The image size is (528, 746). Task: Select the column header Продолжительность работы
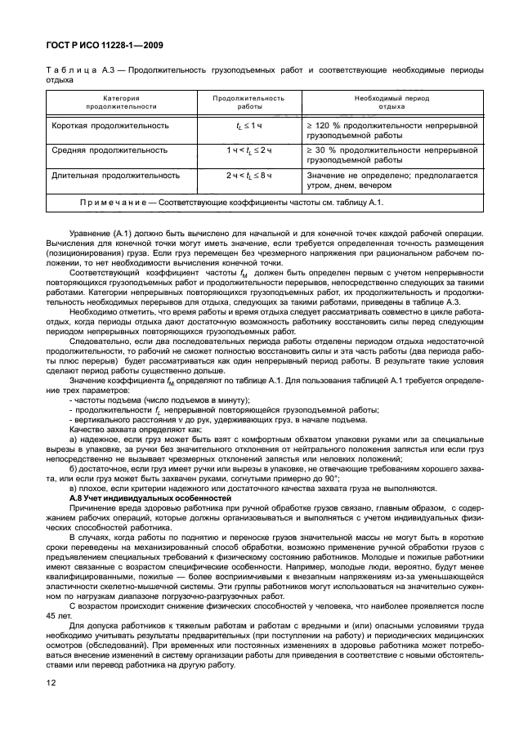(x=248, y=102)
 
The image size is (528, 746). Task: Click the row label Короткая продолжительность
(x=110, y=126)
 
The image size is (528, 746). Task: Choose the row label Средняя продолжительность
(x=110, y=150)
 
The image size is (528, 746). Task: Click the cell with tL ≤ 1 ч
(x=248, y=126)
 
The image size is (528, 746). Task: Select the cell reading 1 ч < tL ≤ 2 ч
(x=248, y=150)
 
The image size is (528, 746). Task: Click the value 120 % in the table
(x=327, y=127)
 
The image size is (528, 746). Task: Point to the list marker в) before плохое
(x=74, y=489)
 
